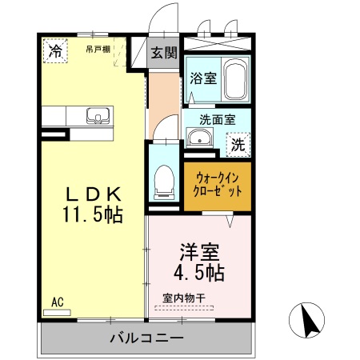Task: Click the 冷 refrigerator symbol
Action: [x=55, y=52]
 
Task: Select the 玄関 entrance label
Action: [x=165, y=54]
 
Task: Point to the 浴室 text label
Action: [x=202, y=78]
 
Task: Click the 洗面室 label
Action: [x=216, y=119]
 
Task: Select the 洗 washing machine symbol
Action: [x=238, y=145]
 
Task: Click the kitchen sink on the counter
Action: [x=96, y=114]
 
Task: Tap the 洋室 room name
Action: [x=199, y=251]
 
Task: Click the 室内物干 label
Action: [x=184, y=298]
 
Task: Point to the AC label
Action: [x=57, y=302]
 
